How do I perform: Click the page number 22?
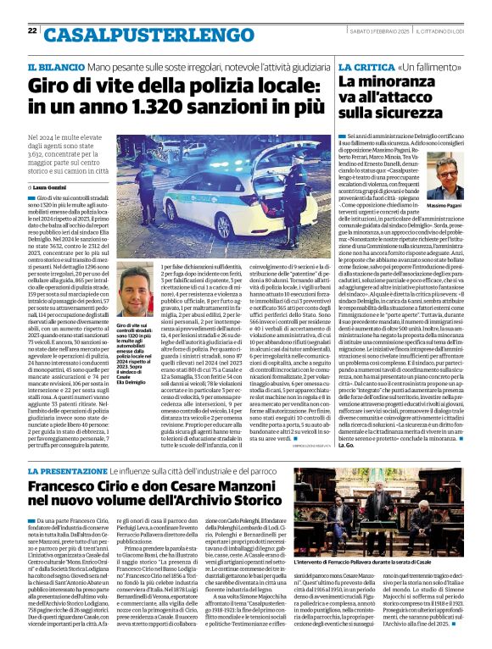[32, 31]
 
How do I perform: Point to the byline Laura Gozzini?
[51, 185]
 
